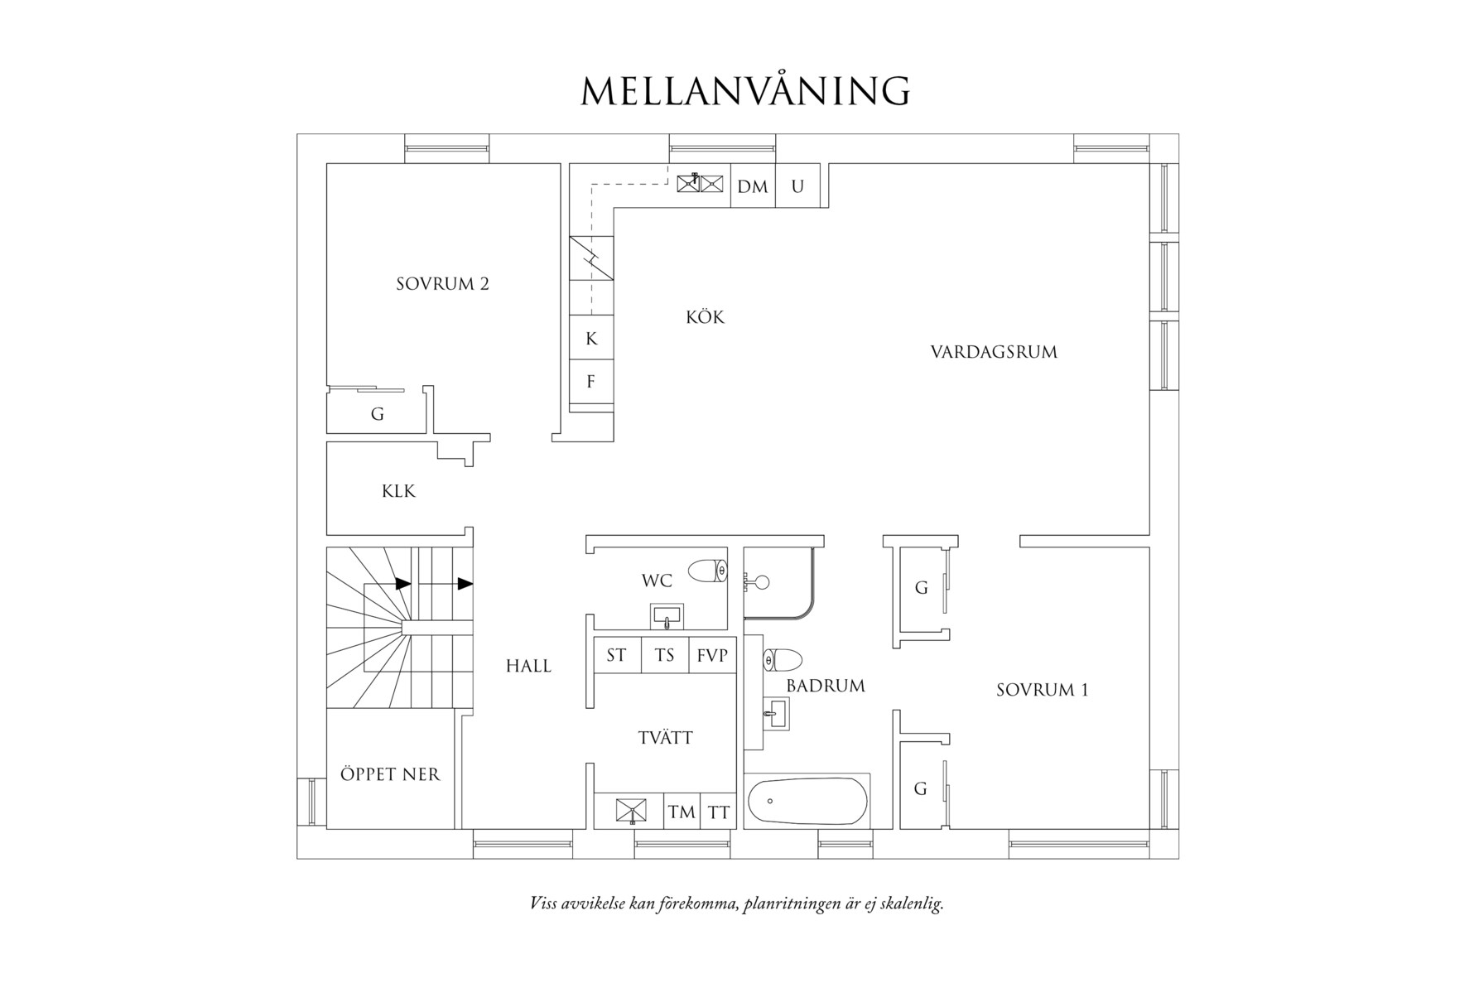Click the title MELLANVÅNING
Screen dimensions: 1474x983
[745, 90]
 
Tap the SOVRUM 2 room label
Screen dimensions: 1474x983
[442, 284]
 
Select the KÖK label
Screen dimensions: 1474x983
[705, 316]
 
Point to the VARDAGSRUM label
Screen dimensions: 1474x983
[994, 352]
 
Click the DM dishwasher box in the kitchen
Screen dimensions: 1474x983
[753, 186]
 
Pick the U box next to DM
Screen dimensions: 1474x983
[797, 186]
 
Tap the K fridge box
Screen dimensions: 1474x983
[591, 338]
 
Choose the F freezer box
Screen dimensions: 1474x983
[591, 381]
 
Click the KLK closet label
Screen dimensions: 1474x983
[398, 491]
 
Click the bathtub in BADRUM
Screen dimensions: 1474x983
[807, 801]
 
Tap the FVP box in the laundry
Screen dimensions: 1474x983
[712, 655]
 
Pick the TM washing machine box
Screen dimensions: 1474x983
[682, 812]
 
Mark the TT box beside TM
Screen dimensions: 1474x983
[719, 812]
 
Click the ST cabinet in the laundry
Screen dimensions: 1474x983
[617, 655]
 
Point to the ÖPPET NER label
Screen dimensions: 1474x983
[390, 774]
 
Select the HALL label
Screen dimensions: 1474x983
[528, 666]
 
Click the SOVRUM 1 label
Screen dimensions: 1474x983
[1042, 690]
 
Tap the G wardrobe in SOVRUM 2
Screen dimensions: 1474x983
[377, 412]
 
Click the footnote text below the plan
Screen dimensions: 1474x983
[737, 903]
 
